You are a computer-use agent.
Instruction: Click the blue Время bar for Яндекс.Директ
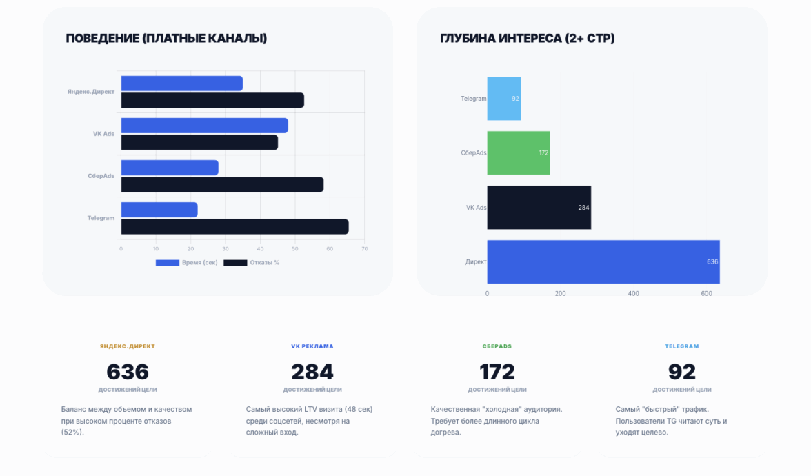pyautogui.click(x=181, y=83)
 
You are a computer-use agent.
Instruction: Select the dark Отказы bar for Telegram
pyautogui.click(x=234, y=226)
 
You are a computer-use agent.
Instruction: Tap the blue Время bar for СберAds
pyautogui.click(x=170, y=168)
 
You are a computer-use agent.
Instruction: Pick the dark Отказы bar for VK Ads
pyautogui.click(x=199, y=142)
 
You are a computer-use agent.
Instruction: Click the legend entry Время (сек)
pyautogui.click(x=186, y=263)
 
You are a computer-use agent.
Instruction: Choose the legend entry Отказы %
pyautogui.click(x=252, y=263)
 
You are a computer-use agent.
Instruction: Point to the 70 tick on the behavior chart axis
pyautogui.click(x=364, y=249)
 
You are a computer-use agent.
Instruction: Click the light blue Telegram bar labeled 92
pyautogui.click(x=503, y=99)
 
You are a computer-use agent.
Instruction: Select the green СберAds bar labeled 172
pyautogui.click(x=518, y=152)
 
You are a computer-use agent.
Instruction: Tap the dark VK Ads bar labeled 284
pyautogui.click(x=539, y=207)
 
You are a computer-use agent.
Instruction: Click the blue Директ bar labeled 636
pyautogui.click(x=603, y=261)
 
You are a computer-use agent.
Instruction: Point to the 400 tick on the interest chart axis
pyautogui.click(x=633, y=294)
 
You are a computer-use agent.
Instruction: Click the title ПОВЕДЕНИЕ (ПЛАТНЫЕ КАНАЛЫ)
pyautogui.click(x=166, y=39)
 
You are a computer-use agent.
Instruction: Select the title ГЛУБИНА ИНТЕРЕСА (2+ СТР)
pyautogui.click(x=527, y=39)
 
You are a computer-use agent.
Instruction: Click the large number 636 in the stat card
pyautogui.click(x=128, y=372)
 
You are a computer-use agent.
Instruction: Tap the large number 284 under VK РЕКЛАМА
pyautogui.click(x=312, y=372)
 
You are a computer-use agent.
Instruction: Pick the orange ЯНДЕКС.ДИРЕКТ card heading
pyautogui.click(x=128, y=346)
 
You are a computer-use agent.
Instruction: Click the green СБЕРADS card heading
pyautogui.click(x=497, y=346)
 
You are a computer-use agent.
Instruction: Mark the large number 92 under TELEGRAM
pyautogui.click(x=682, y=372)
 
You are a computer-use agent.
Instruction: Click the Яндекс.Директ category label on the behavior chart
pyautogui.click(x=91, y=92)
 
